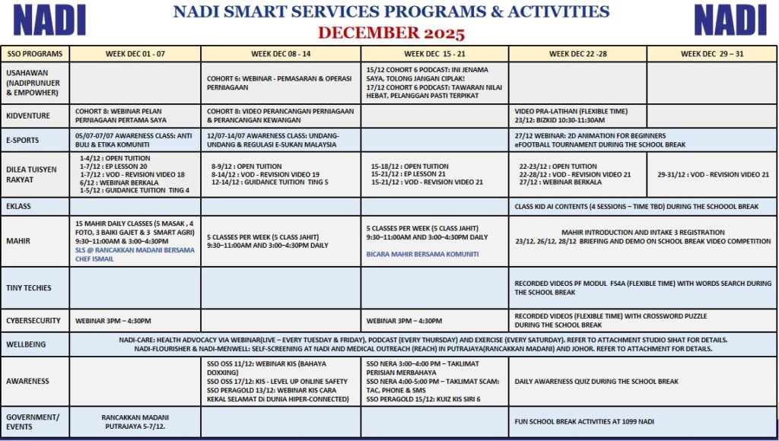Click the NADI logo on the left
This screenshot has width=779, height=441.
(49, 20)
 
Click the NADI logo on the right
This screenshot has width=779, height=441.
(730, 20)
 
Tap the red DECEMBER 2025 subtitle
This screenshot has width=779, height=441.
(391, 33)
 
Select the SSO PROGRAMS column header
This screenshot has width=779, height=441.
(34, 54)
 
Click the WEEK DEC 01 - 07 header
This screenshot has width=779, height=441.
(135, 54)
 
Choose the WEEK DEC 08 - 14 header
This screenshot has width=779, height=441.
(281, 54)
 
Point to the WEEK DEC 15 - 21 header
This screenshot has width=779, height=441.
(434, 54)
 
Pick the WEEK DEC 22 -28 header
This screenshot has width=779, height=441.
(577, 54)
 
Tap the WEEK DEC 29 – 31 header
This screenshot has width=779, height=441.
(712, 54)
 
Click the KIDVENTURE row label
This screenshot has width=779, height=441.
(28, 116)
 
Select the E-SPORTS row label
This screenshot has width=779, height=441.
(23, 140)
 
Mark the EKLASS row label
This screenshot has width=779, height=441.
(20, 205)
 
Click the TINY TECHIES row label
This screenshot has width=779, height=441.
(29, 287)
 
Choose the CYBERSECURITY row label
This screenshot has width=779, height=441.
(33, 321)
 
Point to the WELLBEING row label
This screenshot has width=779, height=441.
(26, 344)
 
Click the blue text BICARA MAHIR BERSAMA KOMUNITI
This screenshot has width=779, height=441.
(422, 254)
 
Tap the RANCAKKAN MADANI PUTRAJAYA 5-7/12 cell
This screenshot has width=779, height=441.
(135, 421)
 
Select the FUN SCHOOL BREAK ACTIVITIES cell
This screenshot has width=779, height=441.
(584, 421)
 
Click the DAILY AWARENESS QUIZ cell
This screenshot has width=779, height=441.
(596, 381)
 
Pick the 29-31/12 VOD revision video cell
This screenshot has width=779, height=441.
(713, 174)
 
